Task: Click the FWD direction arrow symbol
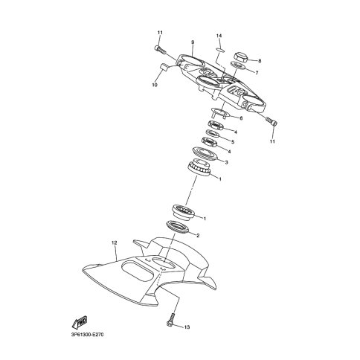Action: click(x=80, y=323)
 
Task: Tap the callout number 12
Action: click(x=114, y=242)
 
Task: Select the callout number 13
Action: click(x=187, y=327)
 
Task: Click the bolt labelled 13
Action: click(x=172, y=319)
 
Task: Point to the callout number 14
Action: click(x=219, y=36)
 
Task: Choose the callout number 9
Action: click(x=193, y=42)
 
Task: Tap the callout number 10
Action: click(x=155, y=85)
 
